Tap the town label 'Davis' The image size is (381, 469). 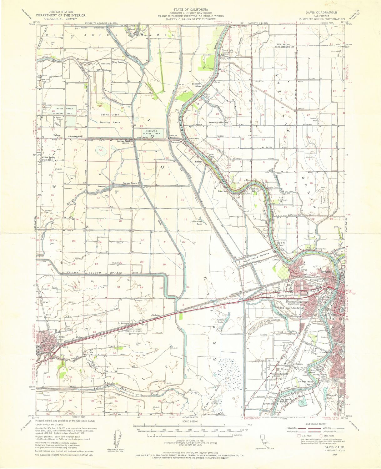click(60, 337)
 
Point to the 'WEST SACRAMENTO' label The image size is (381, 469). click(291, 308)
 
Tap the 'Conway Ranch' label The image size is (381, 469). click(130, 183)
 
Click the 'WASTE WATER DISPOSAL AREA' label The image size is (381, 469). click(63, 111)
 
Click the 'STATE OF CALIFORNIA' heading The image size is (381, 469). click(190, 10)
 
